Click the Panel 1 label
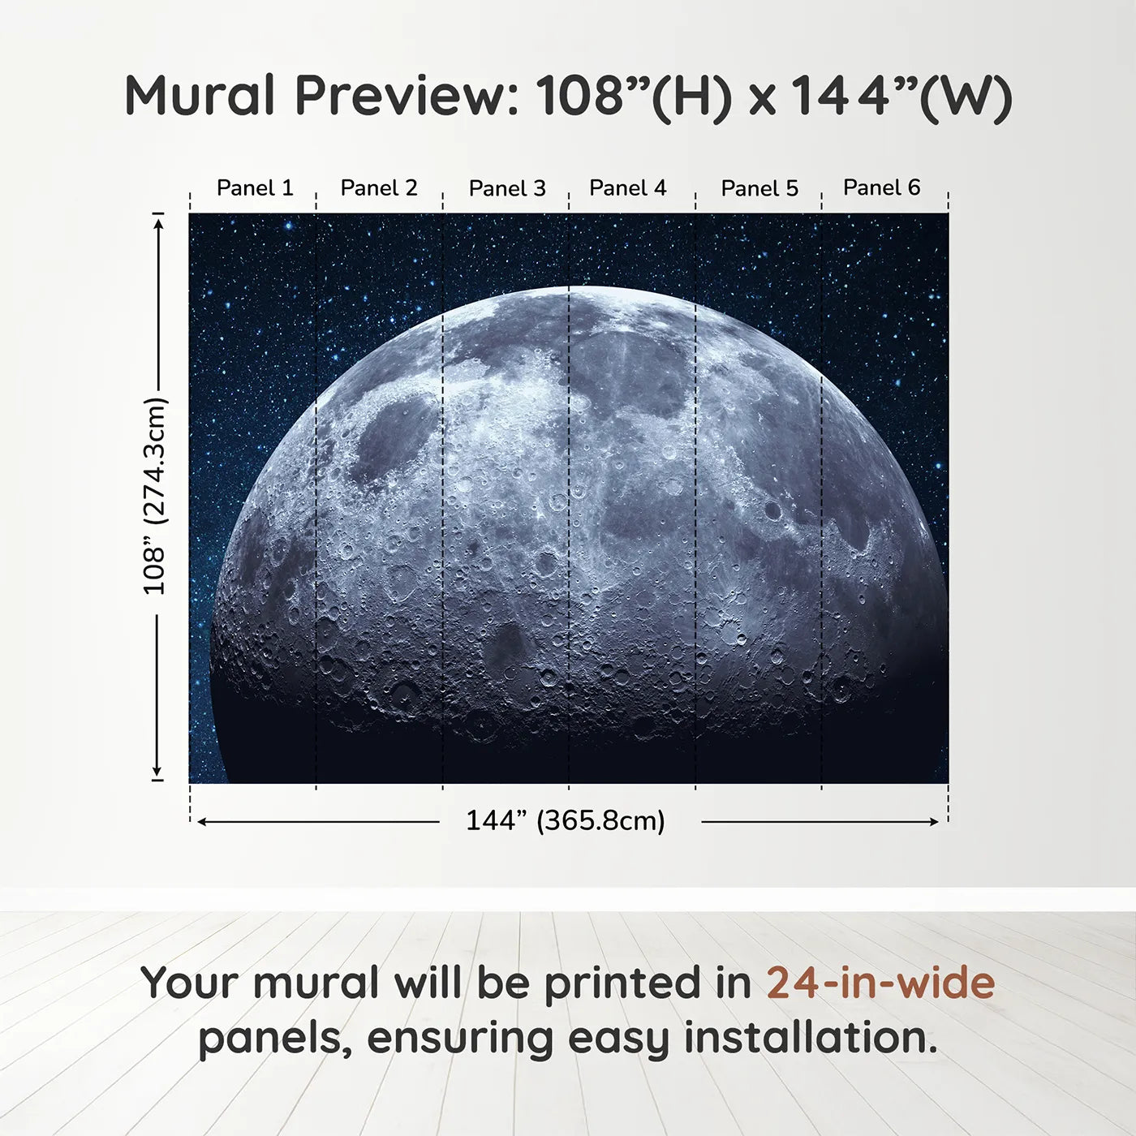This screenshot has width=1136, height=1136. point(255,187)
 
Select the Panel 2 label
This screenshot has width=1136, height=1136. point(379,187)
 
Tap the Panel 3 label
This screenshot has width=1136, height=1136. point(507,188)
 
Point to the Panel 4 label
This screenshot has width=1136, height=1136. point(627,187)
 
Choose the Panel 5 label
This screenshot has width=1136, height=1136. point(759,188)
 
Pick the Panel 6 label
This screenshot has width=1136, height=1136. point(881,187)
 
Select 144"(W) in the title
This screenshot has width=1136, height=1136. point(901,97)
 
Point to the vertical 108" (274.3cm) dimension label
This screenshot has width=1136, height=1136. point(154,496)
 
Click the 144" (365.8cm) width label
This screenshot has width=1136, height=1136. point(565,820)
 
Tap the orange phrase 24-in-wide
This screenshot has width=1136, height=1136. point(880,983)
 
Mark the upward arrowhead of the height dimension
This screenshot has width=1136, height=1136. point(158,221)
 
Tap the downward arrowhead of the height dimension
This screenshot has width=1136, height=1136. point(157,772)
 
